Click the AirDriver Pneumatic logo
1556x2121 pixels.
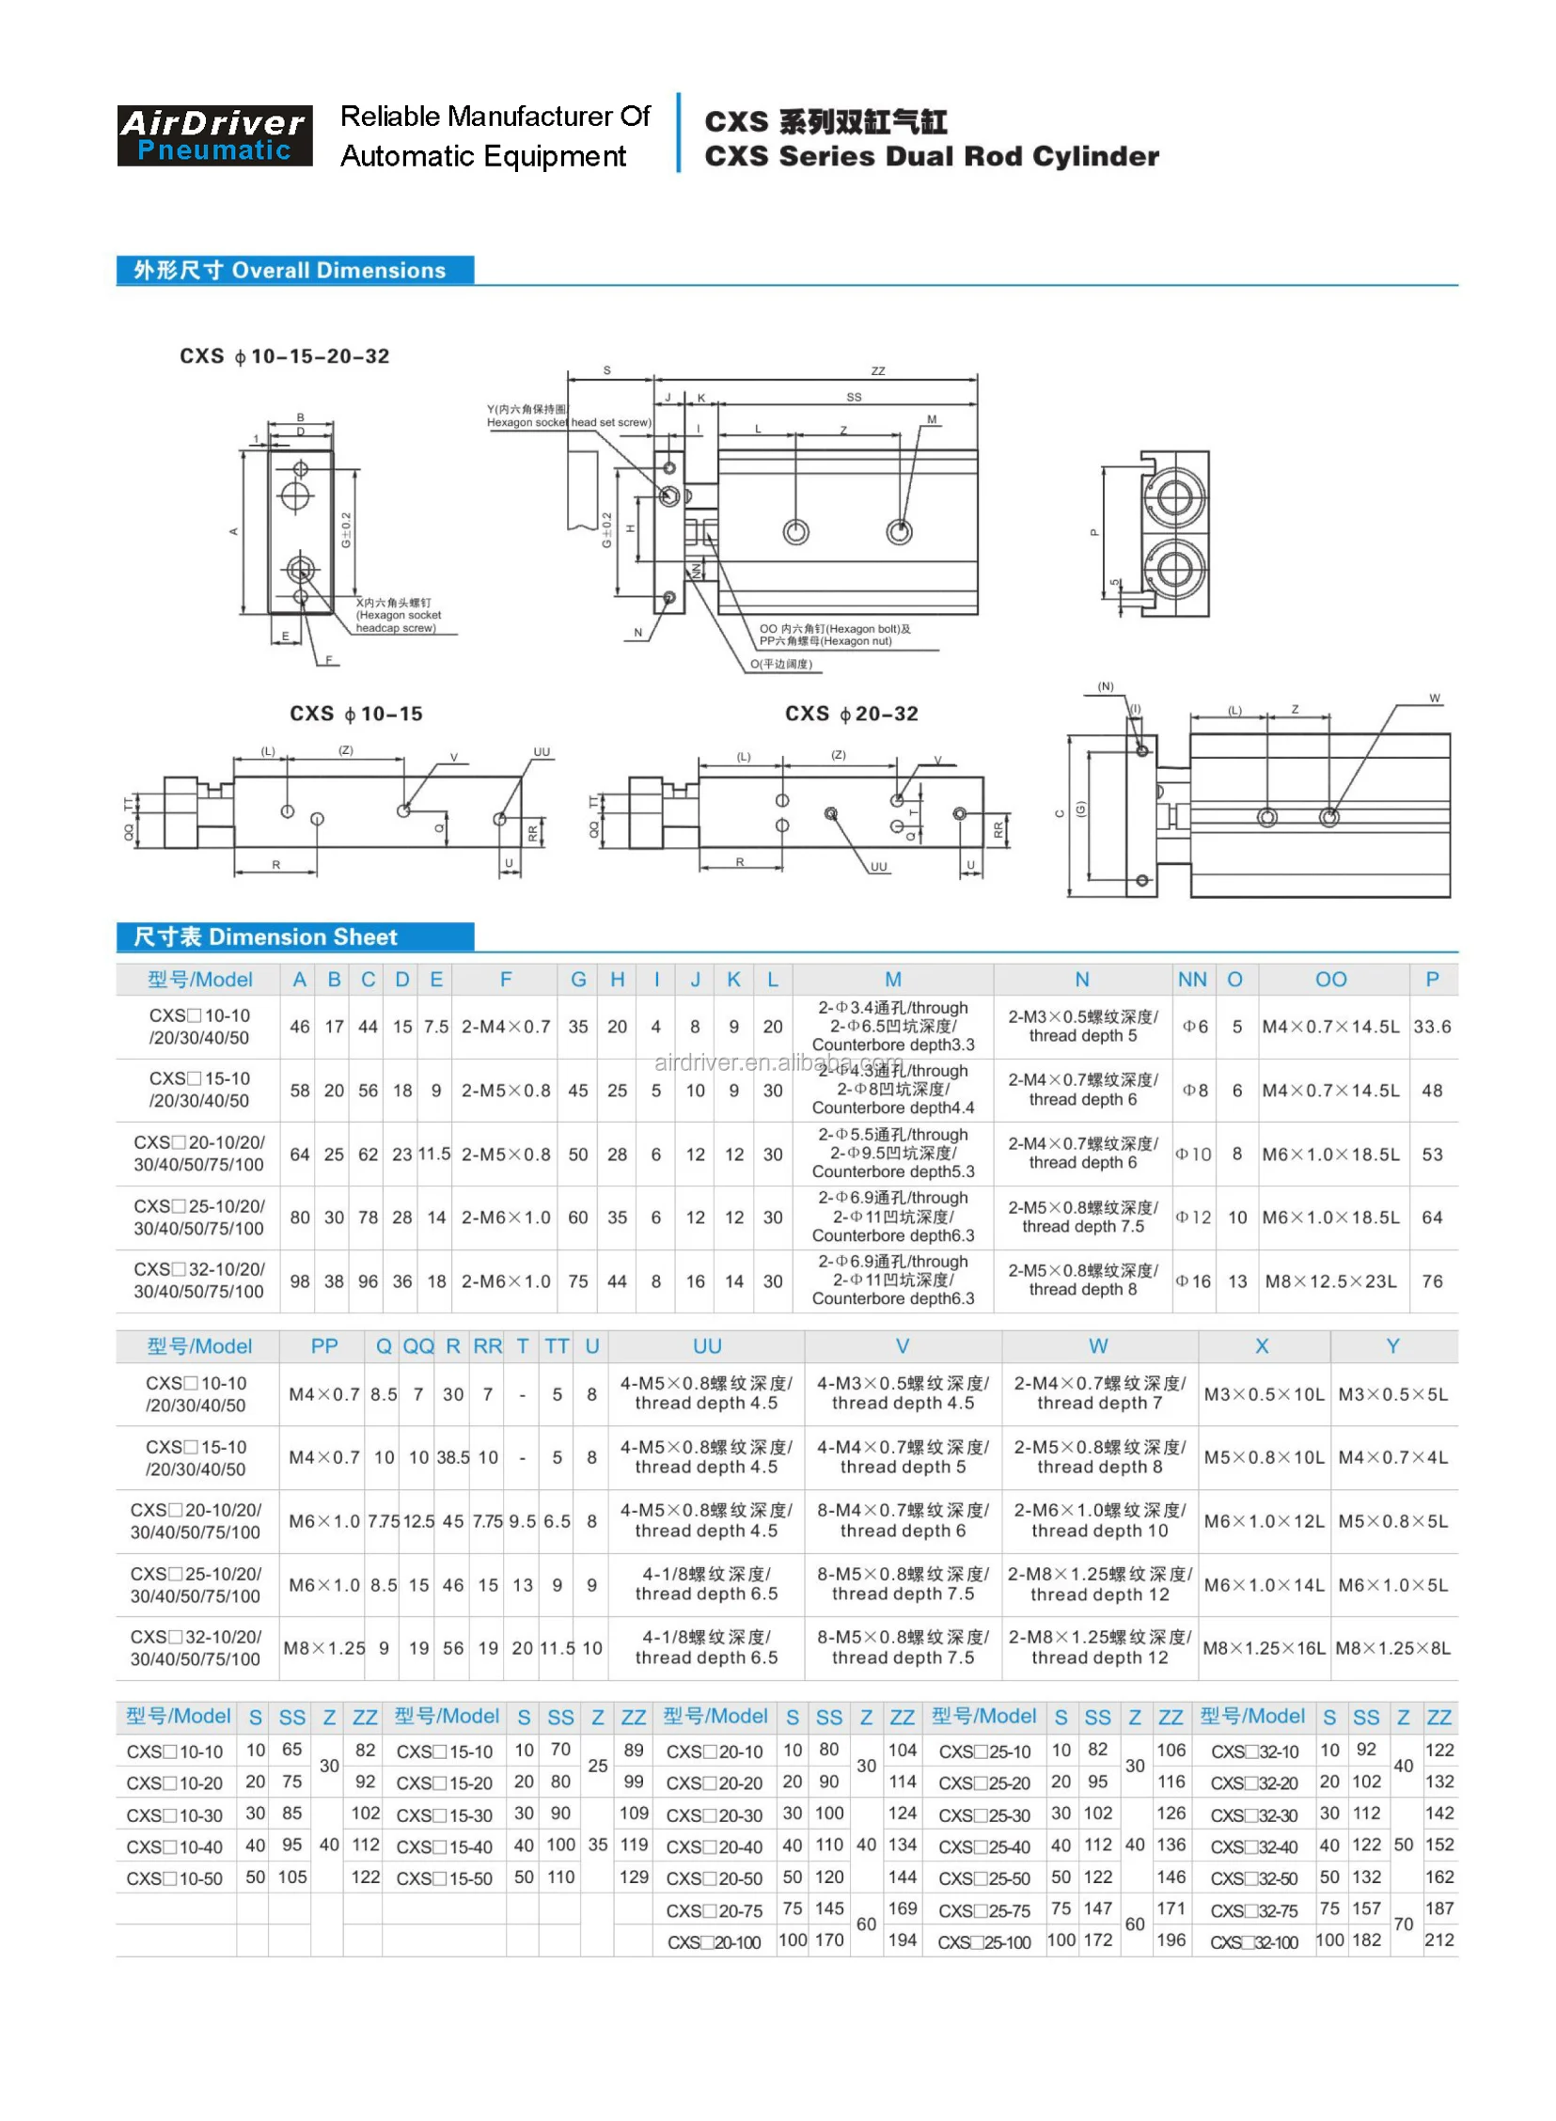(x=214, y=135)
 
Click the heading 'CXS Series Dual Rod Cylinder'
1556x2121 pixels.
(x=931, y=156)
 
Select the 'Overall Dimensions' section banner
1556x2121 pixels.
(x=294, y=271)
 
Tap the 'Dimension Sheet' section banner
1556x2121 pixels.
(x=294, y=936)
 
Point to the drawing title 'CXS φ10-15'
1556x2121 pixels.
(x=356, y=714)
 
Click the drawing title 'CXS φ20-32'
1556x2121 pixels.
(x=852, y=714)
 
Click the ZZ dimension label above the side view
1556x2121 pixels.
(x=878, y=371)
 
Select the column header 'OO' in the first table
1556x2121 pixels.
(x=1330, y=980)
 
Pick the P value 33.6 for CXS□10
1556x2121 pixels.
(x=1432, y=1027)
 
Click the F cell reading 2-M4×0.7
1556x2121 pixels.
(x=506, y=1027)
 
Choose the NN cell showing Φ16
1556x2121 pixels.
(x=1192, y=1280)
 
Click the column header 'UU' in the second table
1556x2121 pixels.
(x=706, y=1346)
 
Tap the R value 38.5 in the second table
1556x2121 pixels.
(x=453, y=1457)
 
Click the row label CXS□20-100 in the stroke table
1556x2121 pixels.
(x=713, y=1942)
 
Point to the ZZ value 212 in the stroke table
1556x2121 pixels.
(x=1438, y=1940)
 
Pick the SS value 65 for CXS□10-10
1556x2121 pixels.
(x=292, y=1749)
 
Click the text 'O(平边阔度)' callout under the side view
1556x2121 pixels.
(x=781, y=664)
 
